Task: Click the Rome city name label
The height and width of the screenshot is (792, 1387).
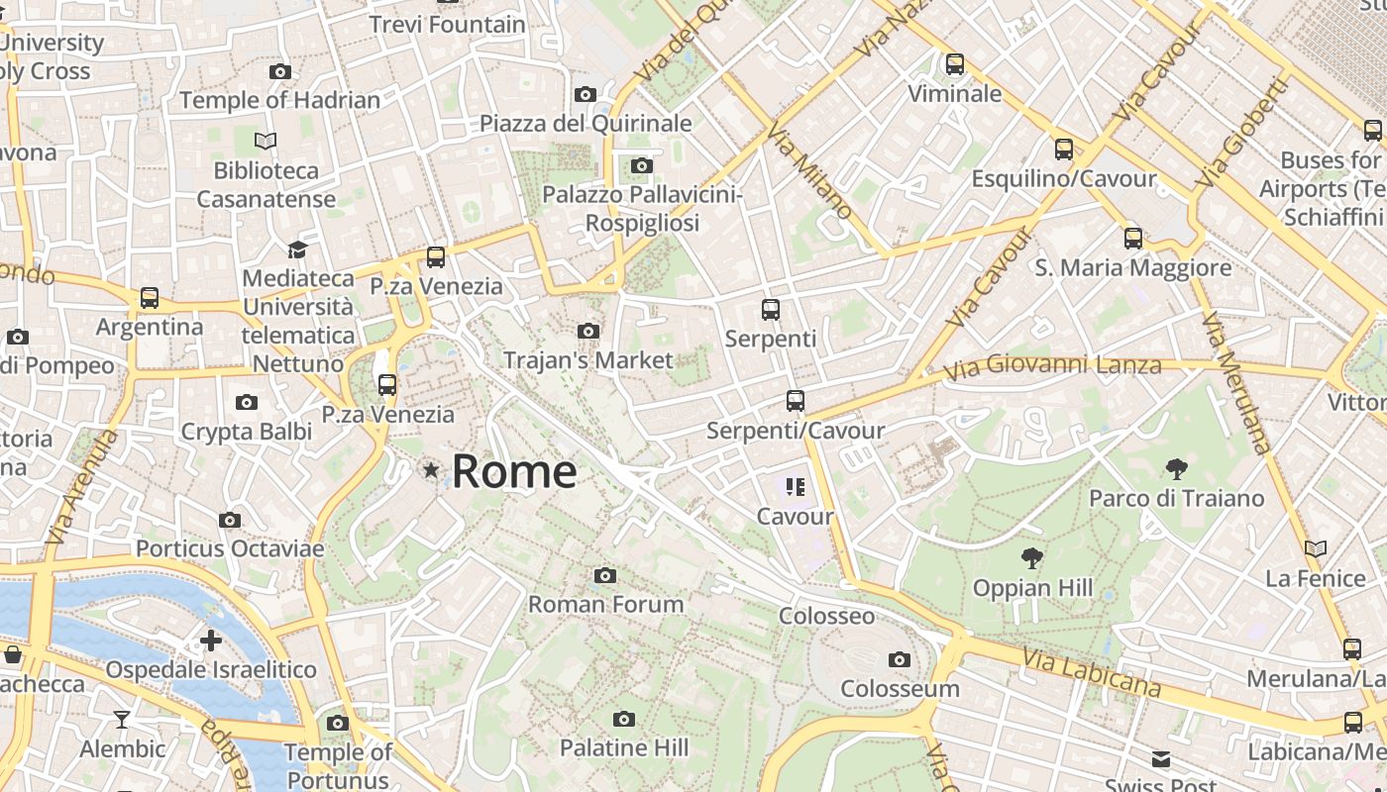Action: [514, 471]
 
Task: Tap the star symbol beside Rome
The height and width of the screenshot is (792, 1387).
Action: [431, 470]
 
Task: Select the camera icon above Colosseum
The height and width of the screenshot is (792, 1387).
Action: [900, 659]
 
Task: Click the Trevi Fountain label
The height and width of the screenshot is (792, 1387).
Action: [447, 24]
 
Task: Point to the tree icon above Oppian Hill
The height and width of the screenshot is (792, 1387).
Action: [1032, 558]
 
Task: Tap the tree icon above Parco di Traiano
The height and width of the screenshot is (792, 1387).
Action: [1177, 468]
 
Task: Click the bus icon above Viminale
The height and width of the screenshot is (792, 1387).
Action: [955, 64]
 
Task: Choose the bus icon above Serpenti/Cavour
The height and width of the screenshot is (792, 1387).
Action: [796, 401]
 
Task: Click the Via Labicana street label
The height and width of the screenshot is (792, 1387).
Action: [1091, 673]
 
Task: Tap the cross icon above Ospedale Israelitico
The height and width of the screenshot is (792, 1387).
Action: [211, 641]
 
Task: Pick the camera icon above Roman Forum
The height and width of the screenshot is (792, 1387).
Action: [605, 575]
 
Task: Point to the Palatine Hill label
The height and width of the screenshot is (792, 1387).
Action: [624, 746]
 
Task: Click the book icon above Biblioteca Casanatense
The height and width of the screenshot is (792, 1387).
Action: [266, 141]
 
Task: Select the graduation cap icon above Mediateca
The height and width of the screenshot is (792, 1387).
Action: [297, 248]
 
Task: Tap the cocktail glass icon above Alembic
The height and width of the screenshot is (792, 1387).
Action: [122, 720]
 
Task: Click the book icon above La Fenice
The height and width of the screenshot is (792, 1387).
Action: [1316, 548]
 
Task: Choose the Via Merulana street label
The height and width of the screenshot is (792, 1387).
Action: [1235, 382]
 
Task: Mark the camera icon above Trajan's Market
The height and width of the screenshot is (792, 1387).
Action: [588, 332]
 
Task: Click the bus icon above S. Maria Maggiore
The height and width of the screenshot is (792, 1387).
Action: [1133, 239]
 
